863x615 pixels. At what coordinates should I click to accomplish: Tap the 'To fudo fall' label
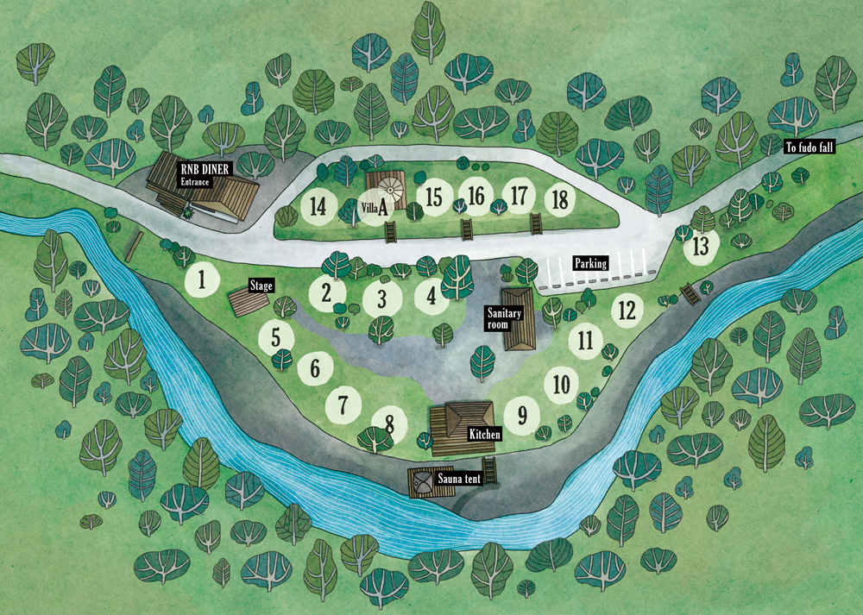[809, 147]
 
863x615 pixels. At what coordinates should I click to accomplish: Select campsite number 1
[201, 279]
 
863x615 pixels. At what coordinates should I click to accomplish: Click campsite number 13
[701, 246]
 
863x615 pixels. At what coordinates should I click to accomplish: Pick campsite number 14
[318, 206]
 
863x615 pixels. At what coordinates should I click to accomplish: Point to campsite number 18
[560, 199]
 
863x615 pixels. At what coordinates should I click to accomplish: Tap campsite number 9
[521, 416]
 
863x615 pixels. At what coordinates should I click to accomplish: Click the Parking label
[591, 263]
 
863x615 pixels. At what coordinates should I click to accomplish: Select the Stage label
[261, 285]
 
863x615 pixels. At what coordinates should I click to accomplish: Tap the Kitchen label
[484, 435]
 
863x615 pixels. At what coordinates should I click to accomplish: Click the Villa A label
[373, 207]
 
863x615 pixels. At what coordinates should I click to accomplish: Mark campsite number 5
[275, 336]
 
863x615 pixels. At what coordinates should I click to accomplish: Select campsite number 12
[627, 309]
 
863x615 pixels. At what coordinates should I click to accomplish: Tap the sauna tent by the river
[423, 481]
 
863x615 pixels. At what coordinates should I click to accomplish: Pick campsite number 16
[476, 196]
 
